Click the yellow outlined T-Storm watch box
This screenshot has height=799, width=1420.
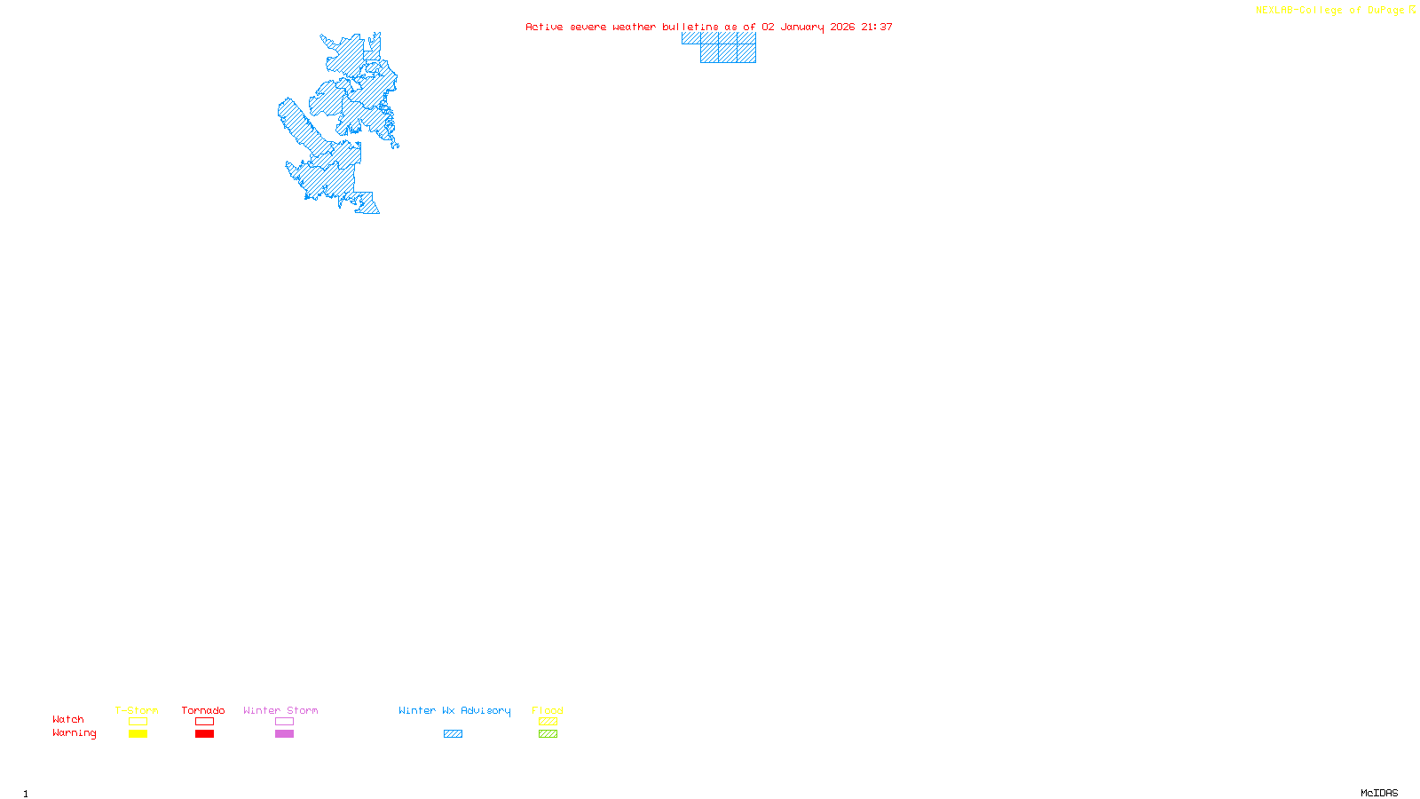(138, 722)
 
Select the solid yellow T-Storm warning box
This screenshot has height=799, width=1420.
(138, 734)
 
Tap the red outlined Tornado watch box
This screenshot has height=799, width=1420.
(204, 722)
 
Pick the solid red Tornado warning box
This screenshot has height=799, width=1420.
(204, 734)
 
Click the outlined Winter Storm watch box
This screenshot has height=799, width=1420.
(284, 722)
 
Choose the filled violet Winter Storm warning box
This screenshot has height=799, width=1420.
(284, 734)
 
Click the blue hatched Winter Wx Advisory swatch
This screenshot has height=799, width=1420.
(453, 734)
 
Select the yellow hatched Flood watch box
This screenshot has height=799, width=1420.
(548, 722)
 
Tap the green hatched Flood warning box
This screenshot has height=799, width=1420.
(548, 734)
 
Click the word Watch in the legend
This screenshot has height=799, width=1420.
(68, 719)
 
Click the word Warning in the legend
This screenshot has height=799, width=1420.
(74, 733)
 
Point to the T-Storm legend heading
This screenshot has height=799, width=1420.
(137, 710)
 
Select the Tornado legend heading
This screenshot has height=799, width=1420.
(203, 710)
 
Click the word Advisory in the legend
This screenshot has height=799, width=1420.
(485, 710)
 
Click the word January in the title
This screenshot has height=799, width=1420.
(802, 27)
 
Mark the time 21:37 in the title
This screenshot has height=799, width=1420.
(877, 27)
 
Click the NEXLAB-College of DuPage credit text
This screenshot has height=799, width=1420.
(1330, 10)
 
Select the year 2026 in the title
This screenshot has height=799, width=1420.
(843, 27)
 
